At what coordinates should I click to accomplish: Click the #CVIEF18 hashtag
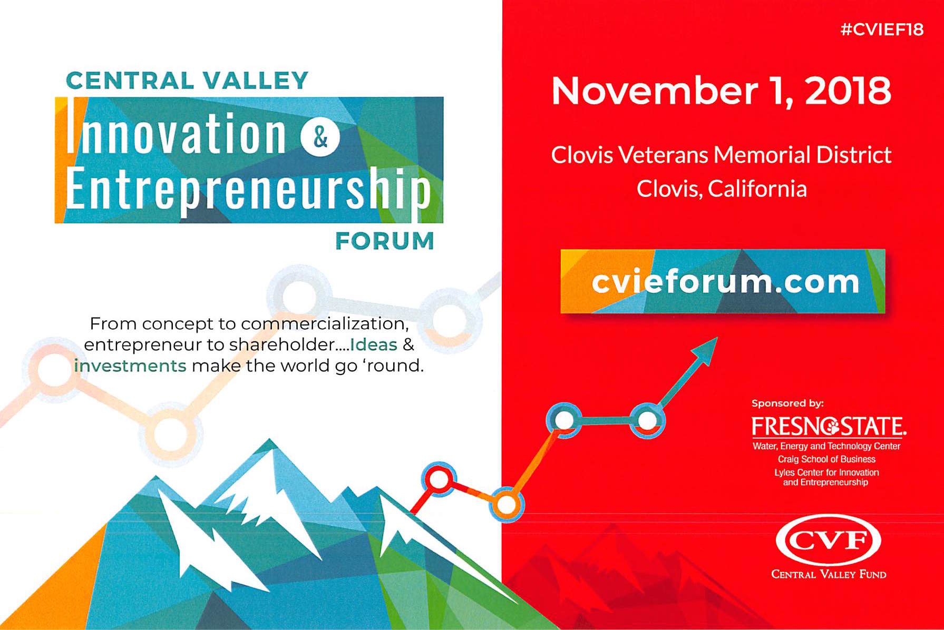pyautogui.click(x=882, y=29)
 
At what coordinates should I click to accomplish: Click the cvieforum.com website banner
pyautogui.click(x=723, y=281)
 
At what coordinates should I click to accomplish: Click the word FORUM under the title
pyautogui.click(x=385, y=241)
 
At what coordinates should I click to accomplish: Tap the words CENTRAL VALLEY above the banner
pyautogui.click(x=187, y=81)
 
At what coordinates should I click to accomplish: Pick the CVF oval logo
pyautogui.click(x=829, y=540)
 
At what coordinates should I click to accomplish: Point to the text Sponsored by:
pyautogui.click(x=787, y=403)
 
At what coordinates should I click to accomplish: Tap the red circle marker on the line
pyautogui.click(x=438, y=479)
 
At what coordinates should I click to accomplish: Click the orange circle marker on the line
pyautogui.click(x=507, y=505)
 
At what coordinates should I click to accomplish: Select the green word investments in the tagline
pyautogui.click(x=130, y=366)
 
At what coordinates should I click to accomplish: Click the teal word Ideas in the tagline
pyautogui.click(x=374, y=344)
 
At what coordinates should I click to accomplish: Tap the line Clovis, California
pyautogui.click(x=722, y=189)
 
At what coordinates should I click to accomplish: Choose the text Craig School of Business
pyautogui.click(x=826, y=459)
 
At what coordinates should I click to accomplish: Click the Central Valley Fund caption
pyautogui.click(x=829, y=574)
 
